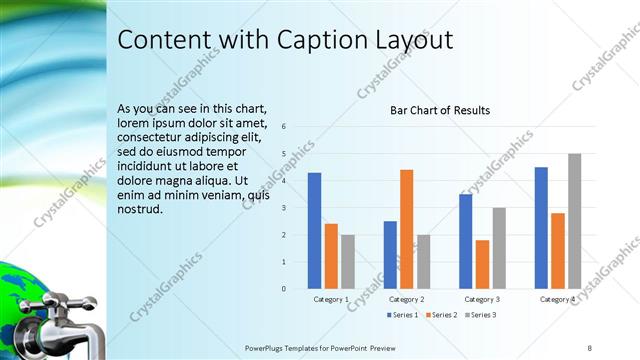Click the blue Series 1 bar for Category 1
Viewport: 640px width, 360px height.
(314, 231)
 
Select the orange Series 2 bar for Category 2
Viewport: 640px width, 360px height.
(406, 229)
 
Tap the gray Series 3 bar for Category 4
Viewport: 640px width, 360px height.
(574, 221)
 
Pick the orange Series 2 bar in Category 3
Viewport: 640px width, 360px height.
(482, 264)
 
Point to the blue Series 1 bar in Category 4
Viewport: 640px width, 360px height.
(541, 228)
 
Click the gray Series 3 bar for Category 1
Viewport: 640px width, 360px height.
(347, 262)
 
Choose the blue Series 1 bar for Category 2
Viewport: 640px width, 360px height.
(390, 255)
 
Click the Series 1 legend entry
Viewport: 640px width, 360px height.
(402, 315)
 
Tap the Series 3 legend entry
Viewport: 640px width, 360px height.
(481, 315)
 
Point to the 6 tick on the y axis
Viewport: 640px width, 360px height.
(284, 127)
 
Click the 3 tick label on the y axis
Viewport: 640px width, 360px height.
(284, 208)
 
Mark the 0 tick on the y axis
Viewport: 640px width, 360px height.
(284, 289)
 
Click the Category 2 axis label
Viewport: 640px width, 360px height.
(406, 299)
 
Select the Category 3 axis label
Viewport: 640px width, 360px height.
(482, 299)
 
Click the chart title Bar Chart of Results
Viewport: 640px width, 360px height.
(440, 110)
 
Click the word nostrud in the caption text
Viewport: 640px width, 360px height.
(141, 210)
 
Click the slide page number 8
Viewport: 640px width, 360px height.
(589, 347)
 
